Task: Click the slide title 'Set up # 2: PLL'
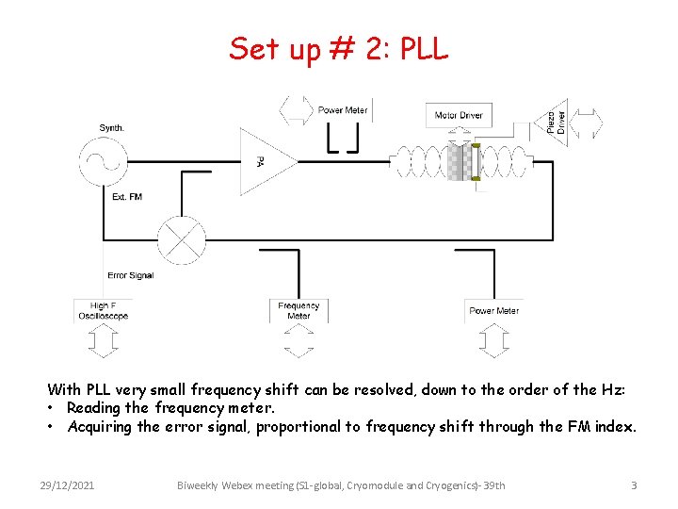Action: point(339,48)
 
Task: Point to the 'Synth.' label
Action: point(112,128)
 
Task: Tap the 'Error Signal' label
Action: point(130,275)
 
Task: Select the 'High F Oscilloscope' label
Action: point(104,311)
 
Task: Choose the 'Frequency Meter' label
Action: point(299,310)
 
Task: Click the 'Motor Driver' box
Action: point(459,116)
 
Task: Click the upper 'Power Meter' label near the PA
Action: point(343,110)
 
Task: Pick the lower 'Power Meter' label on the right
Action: point(494,311)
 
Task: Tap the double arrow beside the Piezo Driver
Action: point(589,123)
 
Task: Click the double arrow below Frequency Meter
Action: point(299,340)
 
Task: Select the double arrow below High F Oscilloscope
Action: point(104,340)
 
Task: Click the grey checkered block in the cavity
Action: point(460,161)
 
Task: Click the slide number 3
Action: point(634,485)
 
